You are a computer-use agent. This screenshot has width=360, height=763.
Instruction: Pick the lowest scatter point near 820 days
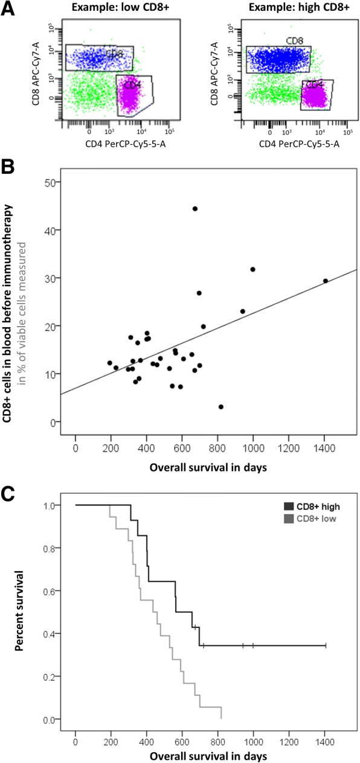point(221,407)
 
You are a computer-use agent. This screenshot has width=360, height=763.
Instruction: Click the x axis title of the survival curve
point(199,755)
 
